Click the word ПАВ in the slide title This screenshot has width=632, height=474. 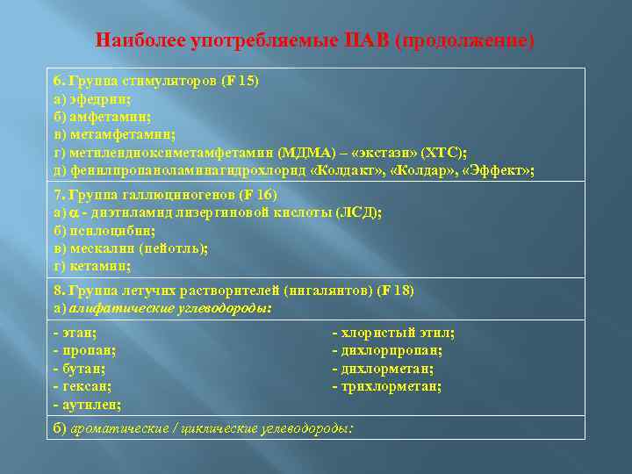click(371, 40)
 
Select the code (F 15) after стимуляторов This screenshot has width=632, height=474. click(238, 81)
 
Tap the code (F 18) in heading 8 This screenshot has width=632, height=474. click(393, 290)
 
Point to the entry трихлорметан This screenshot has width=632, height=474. click(391, 386)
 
